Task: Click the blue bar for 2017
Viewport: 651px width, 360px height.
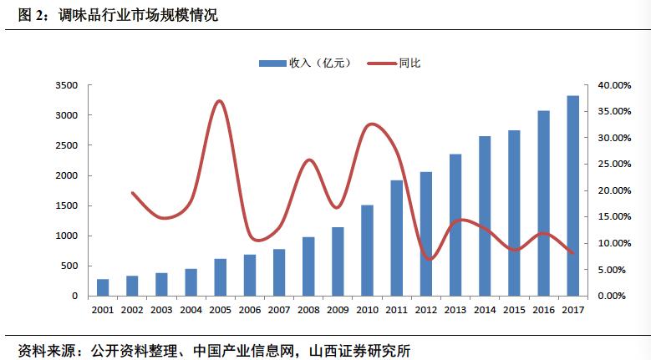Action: (572, 196)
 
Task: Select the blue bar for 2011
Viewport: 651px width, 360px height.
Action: (397, 238)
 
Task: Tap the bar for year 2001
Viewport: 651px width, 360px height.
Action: (103, 287)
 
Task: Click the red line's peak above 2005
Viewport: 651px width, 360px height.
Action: (219, 101)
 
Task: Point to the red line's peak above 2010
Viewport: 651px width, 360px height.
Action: (371, 124)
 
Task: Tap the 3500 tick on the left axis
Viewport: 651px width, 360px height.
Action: (66, 85)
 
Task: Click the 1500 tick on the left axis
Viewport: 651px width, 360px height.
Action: (66, 205)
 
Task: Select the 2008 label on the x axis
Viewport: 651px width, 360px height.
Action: (308, 310)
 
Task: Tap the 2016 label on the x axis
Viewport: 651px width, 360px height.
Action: (543, 310)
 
